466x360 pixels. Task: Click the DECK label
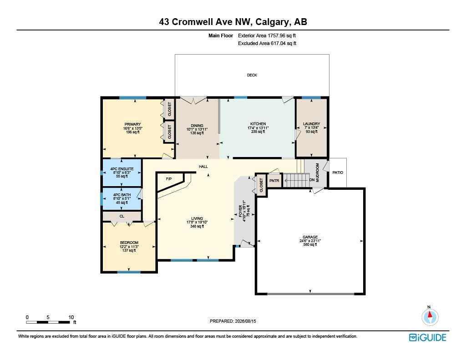click(x=252, y=75)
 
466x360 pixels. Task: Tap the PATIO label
click(x=338, y=172)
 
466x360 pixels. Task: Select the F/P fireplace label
click(x=169, y=179)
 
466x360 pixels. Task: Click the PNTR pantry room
click(x=274, y=180)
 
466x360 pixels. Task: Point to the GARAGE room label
click(x=310, y=237)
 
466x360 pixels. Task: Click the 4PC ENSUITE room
click(x=122, y=172)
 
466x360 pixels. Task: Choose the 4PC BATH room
click(x=122, y=198)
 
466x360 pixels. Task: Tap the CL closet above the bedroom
click(x=122, y=216)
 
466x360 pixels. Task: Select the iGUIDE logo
click(x=428, y=337)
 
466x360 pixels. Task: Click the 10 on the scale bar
click(x=71, y=317)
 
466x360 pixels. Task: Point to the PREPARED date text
click(x=233, y=321)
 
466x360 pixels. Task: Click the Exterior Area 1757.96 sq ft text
click(x=267, y=35)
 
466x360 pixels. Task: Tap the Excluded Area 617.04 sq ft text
click(x=267, y=43)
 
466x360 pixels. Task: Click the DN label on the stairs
click(x=312, y=180)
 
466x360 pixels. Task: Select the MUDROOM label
click(x=317, y=172)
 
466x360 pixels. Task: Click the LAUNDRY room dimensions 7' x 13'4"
click(x=311, y=127)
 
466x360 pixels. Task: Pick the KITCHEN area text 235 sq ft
click(x=258, y=132)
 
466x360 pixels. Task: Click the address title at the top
click(x=233, y=22)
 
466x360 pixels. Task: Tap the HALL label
click(x=203, y=167)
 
